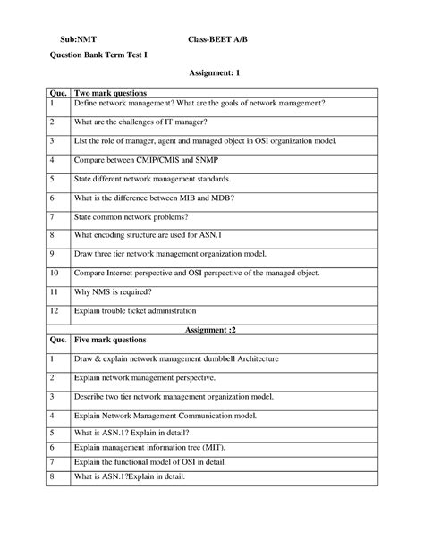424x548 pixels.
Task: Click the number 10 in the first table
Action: [x=55, y=272]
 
